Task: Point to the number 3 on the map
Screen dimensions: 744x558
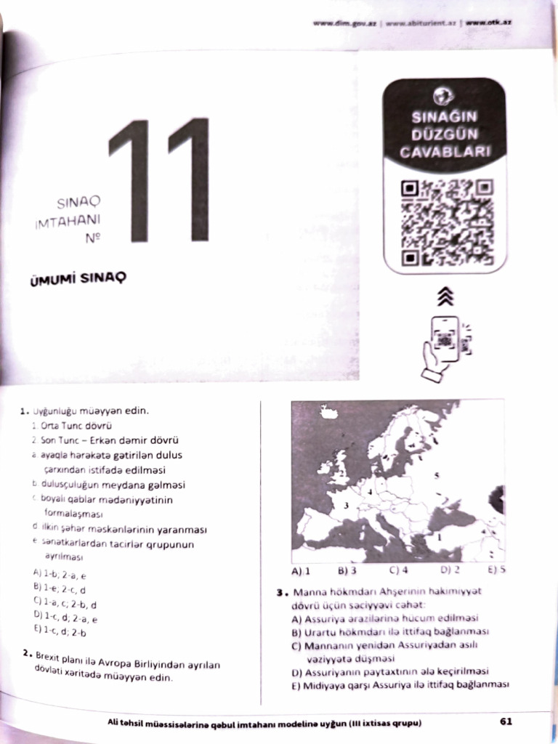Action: coord(347,504)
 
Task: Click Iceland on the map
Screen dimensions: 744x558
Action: coord(328,412)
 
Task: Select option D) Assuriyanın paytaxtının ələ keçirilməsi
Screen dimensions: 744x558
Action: coord(389,671)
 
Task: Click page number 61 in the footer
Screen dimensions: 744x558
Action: coord(506,721)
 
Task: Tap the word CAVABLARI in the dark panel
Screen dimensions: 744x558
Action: coord(444,151)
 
